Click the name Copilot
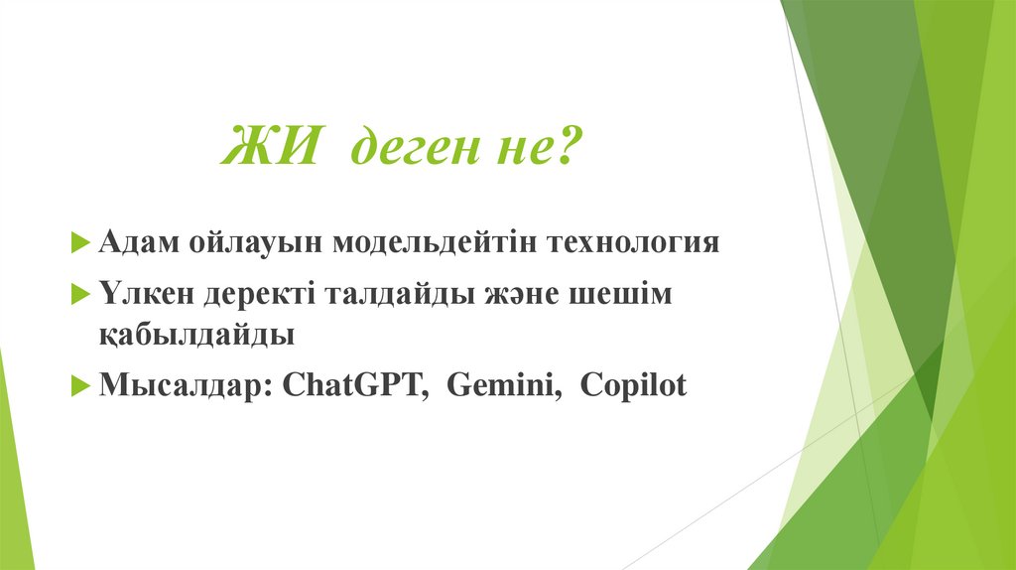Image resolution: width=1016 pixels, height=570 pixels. (x=633, y=385)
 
